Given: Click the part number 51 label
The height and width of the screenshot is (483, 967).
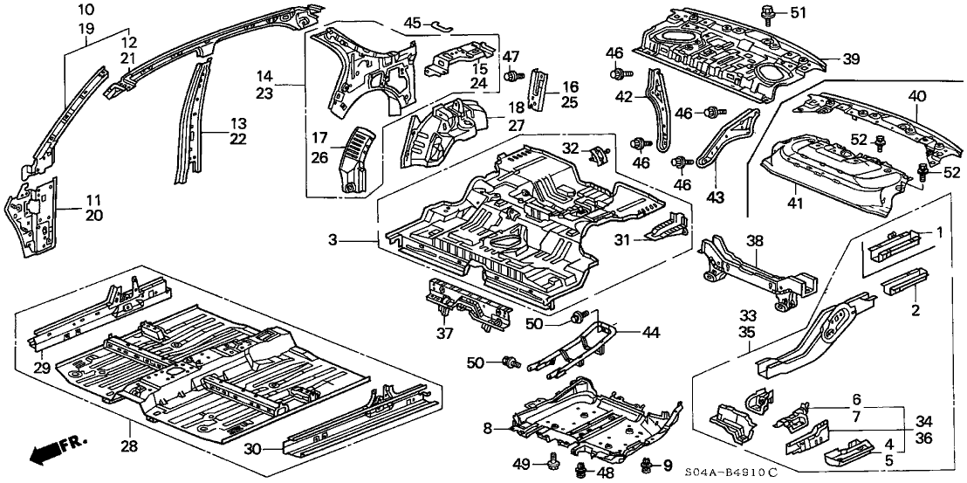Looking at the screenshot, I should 799,12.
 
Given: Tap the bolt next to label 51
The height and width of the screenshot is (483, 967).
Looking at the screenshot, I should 772,13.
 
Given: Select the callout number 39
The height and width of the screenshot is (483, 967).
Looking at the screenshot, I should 851,59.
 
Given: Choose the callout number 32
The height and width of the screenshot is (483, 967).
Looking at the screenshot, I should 570,148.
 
